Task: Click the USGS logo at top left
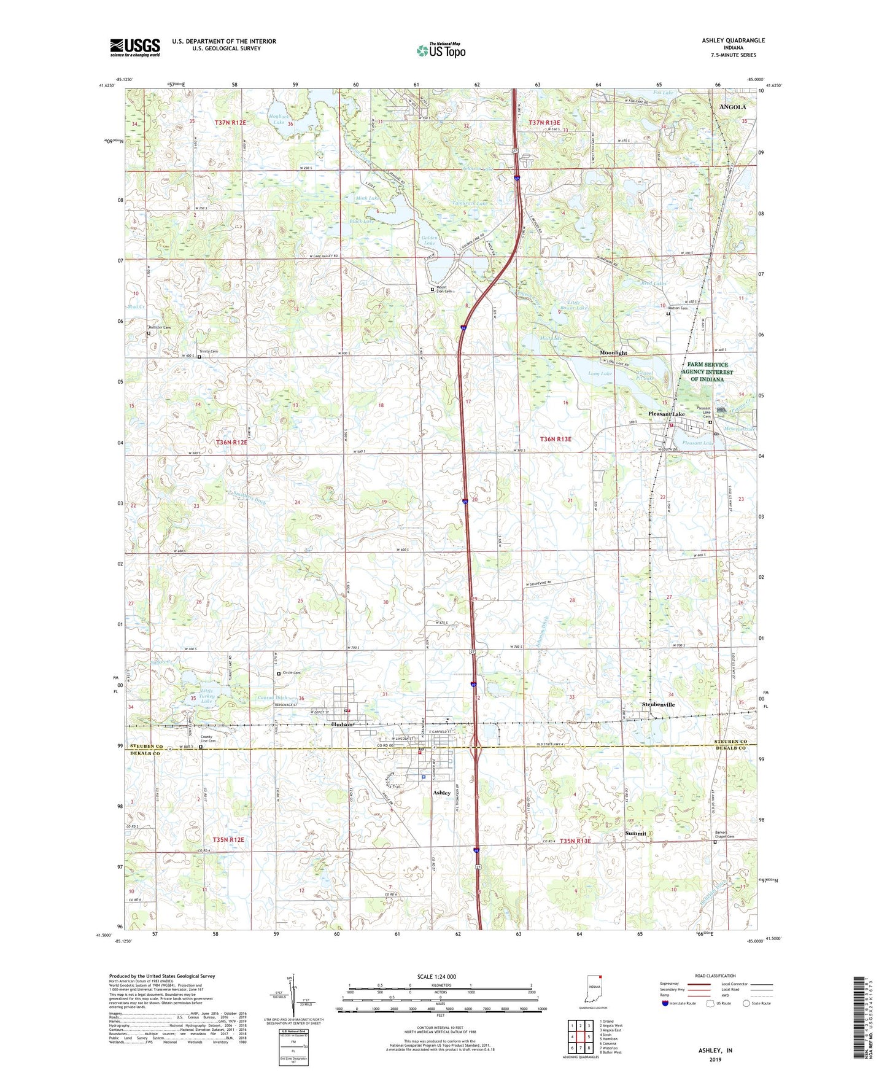pos(134,47)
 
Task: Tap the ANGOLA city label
pos(732,107)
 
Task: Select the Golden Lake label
pos(429,240)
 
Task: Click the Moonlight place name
pos(613,353)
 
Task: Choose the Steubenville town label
pos(658,704)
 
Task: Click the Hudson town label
pos(342,724)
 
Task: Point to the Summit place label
pos(635,833)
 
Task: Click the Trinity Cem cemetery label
pos(209,352)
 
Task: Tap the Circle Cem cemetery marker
pos(279,673)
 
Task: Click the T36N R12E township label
pos(231,442)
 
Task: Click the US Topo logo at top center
pos(440,50)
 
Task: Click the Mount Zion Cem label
pos(444,289)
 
